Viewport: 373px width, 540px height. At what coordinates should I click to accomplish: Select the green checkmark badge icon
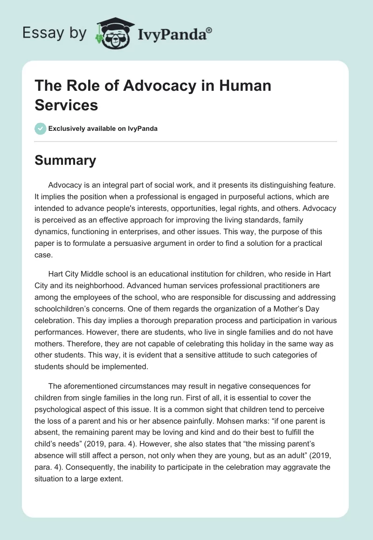40,128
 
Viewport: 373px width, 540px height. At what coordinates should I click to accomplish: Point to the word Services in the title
66,105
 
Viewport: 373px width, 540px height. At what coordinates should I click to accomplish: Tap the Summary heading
65,161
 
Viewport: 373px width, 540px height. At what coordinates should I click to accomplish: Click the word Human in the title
240,87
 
